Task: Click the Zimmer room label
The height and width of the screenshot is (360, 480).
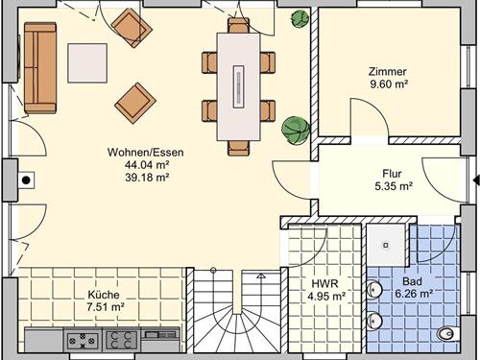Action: pyautogui.click(x=388, y=71)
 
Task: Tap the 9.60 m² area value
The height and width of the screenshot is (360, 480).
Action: pyautogui.click(x=389, y=84)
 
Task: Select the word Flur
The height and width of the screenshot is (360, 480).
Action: pyautogui.click(x=392, y=174)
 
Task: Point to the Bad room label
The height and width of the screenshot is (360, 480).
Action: pyautogui.click(x=412, y=281)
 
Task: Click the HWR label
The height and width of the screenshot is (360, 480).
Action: pyautogui.click(x=325, y=283)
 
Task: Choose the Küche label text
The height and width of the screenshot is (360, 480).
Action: pyautogui.click(x=104, y=295)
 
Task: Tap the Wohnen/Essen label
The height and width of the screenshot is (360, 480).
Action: pyautogui.click(x=146, y=152)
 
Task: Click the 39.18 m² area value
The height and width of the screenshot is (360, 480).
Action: pyautogui.click(x=147, y=177)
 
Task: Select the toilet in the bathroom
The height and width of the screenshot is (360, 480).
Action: pyautogui.click(x=449, y=334)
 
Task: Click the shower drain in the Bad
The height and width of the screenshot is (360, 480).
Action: pyautogui.click(x=386, y=246)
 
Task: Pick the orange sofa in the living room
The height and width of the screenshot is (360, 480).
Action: pyautogui.click(x=40, y=67)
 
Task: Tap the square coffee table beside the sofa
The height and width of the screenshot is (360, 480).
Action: pyautogui.click(x=87, y=63)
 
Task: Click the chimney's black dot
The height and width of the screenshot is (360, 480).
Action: pyautogui.click(x=26, y=180)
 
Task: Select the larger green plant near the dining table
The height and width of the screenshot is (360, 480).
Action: pyautogui.click(x=296, y=130)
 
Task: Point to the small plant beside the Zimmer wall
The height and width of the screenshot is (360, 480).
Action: pyautogui.click(x=300, y=19)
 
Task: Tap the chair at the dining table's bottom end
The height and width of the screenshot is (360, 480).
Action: pyautogui.click(x=238, y=148)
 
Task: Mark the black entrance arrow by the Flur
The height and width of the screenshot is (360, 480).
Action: pyautogui.click(x=477, y=180)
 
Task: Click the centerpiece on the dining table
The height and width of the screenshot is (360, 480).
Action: pyautogui.click(x=238, y=86)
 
